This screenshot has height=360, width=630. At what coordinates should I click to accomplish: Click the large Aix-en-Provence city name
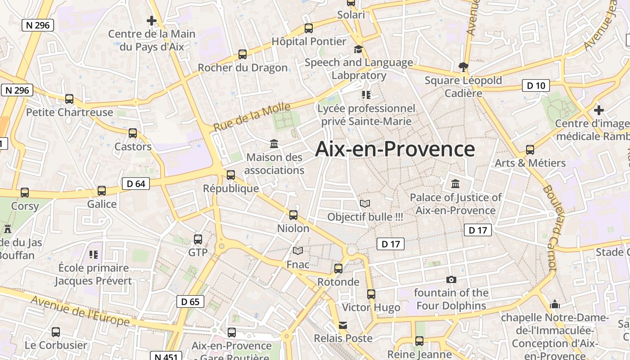click(395, 149)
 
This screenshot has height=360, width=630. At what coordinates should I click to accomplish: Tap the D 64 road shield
click(135, 184)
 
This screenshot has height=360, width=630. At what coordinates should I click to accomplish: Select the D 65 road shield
click(190, 301)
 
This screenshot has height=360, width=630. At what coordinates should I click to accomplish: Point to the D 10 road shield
click(535, 85)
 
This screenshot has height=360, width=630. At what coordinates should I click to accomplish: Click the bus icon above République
click(231, 175)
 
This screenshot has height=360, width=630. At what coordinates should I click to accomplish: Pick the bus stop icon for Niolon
click(293, 215)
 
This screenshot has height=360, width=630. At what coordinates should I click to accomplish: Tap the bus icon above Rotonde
click(338, 269)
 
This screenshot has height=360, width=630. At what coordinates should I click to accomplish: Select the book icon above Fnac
click(298, 251)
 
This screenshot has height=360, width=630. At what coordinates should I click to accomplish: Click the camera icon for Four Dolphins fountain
click(451, 280)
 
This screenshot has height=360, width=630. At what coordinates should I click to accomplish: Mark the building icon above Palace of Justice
click(455, 184)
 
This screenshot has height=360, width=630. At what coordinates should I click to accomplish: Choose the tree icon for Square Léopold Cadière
click(463, 67)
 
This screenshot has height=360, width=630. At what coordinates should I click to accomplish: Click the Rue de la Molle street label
click(252, 117)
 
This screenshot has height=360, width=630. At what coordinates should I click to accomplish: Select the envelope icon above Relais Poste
click(343, 325)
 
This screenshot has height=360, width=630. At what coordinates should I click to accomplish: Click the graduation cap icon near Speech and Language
click(358, 49)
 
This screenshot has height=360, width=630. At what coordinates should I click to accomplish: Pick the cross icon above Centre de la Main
click(152, 20)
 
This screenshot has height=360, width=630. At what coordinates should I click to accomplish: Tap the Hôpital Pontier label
click(309, 41)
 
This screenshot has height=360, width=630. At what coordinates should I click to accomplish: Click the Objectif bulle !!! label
click(365, 217)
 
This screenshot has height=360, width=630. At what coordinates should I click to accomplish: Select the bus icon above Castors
click(133, 133)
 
